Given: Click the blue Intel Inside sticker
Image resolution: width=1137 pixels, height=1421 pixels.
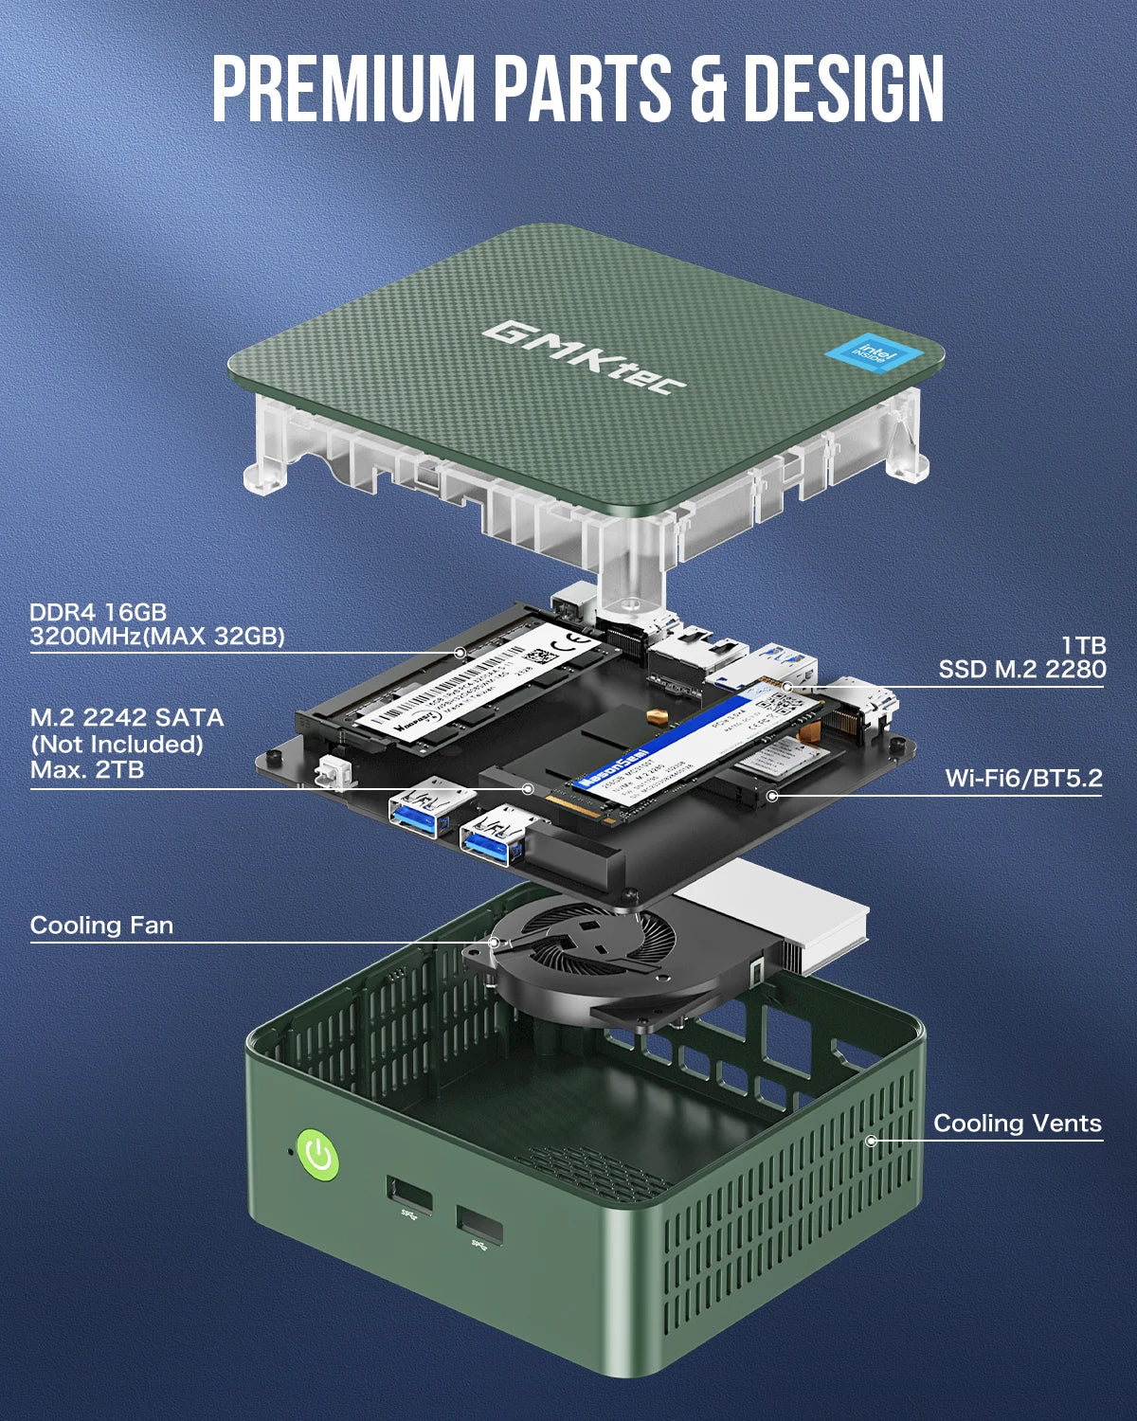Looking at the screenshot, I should [873, 354].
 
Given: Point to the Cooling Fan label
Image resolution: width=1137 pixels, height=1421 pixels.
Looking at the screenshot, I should [101, 925].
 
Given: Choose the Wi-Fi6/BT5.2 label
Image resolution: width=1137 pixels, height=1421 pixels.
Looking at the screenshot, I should [1023, 779].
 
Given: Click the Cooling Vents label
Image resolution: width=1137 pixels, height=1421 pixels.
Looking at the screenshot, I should [1017, 1124].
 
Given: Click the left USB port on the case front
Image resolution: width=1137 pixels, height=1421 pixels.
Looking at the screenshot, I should [409, 1196].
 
